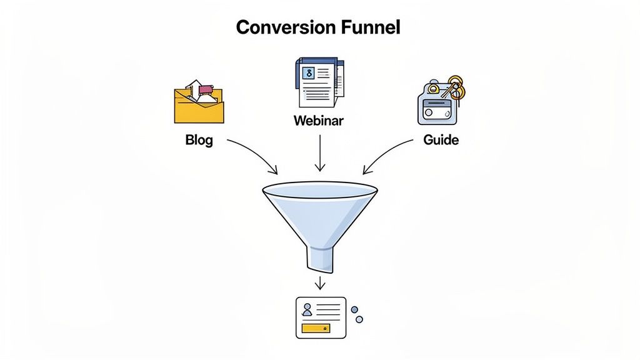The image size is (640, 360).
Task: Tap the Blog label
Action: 199,140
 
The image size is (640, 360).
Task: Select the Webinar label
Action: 318,121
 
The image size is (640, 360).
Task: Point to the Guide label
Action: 441,140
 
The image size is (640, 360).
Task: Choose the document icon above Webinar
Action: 317,82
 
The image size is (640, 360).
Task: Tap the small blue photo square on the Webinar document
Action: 308,74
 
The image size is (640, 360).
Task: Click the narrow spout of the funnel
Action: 320,257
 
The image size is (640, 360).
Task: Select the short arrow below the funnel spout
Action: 320,282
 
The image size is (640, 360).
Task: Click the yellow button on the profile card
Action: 316,327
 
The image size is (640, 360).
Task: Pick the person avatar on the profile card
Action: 307,309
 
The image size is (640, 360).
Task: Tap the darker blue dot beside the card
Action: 354,309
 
